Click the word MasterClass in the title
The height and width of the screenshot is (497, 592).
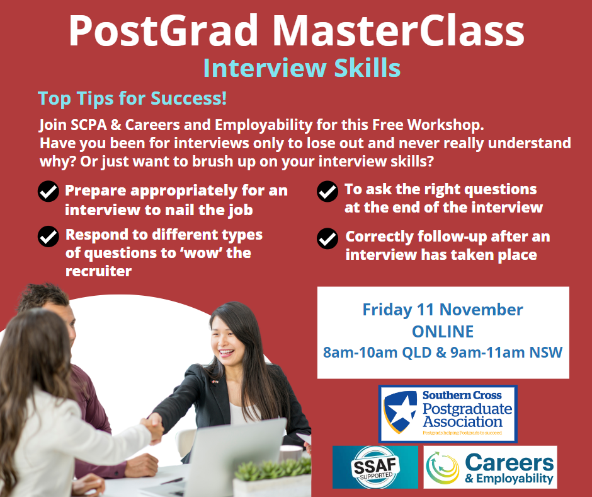click(x=398, y=30)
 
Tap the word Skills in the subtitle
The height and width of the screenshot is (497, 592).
click(x=367, y=68)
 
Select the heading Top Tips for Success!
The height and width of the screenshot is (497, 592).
click(x=132, y=98)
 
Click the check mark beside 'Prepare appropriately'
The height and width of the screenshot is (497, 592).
click(x=48, y=191)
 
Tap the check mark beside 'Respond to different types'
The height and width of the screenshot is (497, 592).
click(x=48, y=237)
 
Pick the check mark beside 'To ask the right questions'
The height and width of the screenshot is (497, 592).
click(x=327, y=191)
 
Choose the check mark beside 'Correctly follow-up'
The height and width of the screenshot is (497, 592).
click(x=327, y=238)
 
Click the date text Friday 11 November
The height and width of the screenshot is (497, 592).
click(x=443, y=310)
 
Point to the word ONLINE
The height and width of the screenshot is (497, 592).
click(x=443, y=332)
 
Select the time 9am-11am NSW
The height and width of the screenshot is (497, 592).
click(x=506, y=353)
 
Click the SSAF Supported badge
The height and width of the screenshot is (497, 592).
click(x=375, y=467)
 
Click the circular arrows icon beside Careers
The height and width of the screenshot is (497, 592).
click(x=443, y=468)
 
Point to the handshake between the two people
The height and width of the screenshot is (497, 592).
click(x=153, y=428)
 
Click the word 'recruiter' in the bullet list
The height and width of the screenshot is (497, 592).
click(x=98, y=271)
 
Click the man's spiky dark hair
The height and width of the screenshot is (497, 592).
click(x=43, y=296)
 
